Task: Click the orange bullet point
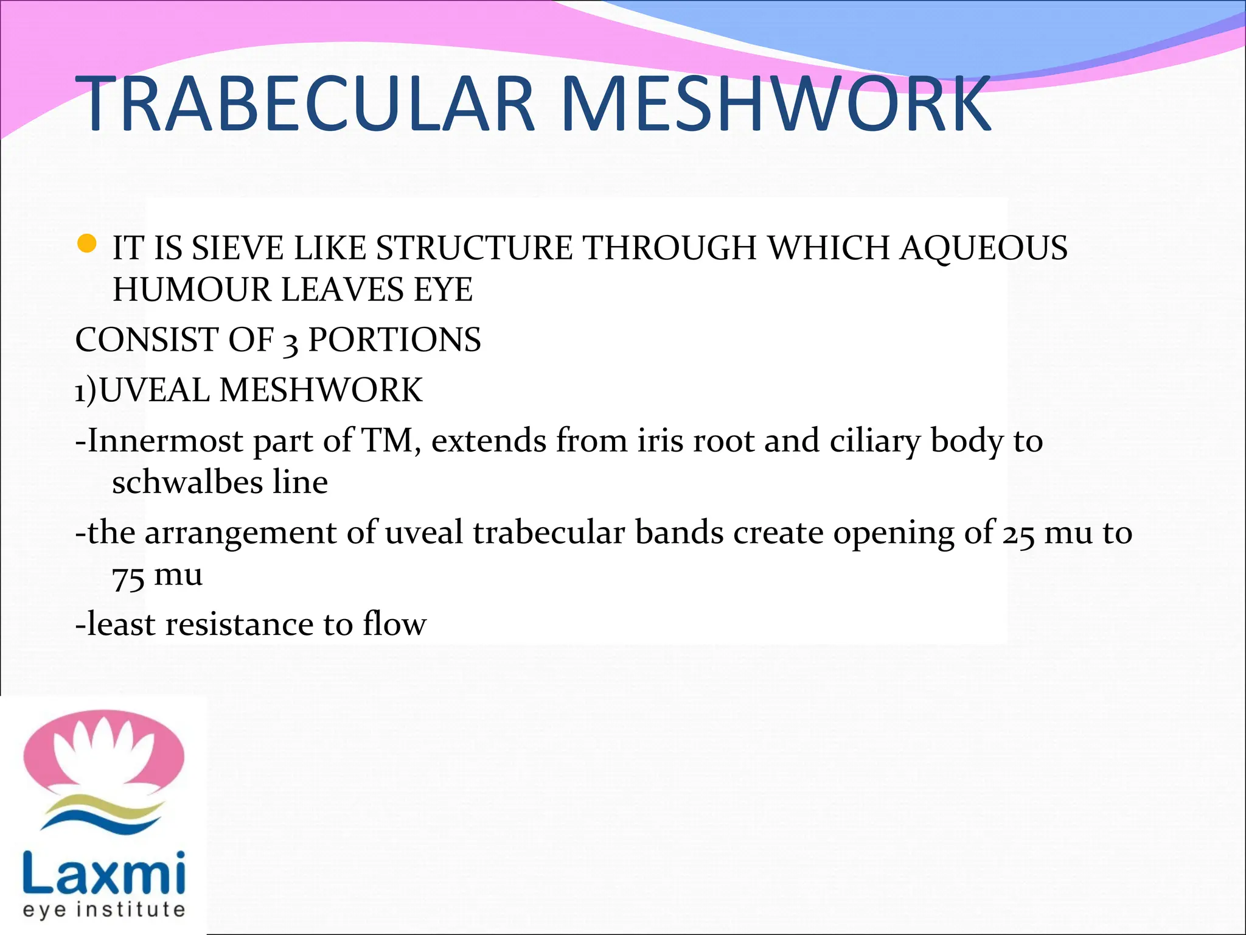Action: [x=87, y=244]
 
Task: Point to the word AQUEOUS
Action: [x=983, y=248]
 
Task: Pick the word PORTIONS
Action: [x=394, y=340]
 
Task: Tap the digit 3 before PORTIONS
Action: [x=291, y=343]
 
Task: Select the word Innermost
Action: [x=165, y=441]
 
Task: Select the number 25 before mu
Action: [x=1018, y=534]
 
